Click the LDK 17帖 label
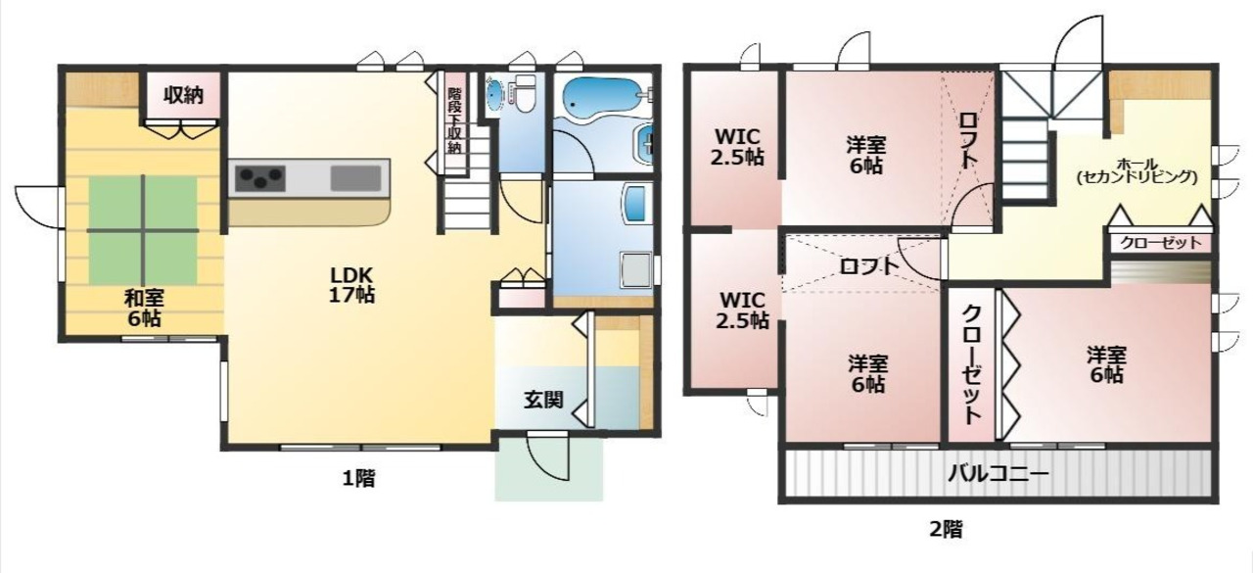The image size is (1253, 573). (x=351, y=285)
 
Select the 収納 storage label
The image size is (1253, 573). (x=183, y=95)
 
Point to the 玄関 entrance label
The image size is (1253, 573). (x=543, y=400)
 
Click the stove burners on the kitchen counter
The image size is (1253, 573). (x=259, y=178)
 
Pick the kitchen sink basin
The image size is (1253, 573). (x=355, y=178)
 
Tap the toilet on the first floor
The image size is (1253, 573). (x=525, y=93)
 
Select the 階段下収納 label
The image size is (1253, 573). (x=455, y=120)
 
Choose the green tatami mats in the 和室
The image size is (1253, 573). (x=143, y=230)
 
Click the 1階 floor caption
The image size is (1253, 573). (x=358, y=479)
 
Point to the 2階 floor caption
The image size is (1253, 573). (x=947, y=529)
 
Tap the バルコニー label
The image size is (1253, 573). (x=998, y=474)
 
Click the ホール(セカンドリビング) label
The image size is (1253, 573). (x=1137, y=170)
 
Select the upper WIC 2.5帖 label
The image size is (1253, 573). (x=737, y=147)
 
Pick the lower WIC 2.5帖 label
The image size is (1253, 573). (x=742, y=310)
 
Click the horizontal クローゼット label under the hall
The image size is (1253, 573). (x=1161, y=243)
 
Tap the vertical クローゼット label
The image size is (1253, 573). (x=972, y=364)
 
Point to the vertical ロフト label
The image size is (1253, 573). (x=968, y=140)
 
